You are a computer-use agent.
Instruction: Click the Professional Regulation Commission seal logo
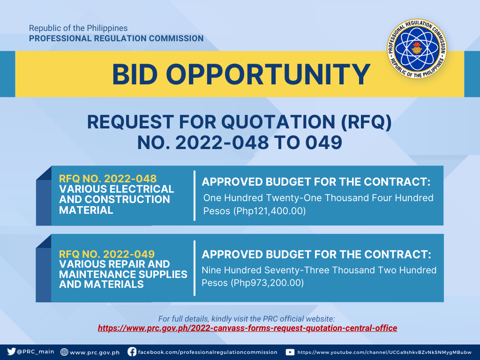pyautogui.click(x=417, y=48)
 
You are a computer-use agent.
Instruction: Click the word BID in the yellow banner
pyautogui.click(x=135, y=75)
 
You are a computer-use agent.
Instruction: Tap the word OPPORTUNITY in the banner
pyautogui.click(x=268, y=75)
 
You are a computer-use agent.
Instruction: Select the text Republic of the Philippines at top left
pyautogui.click(x=78, y=28)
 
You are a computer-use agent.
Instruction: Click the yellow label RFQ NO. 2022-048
pyautogui.click(x=108, y=179)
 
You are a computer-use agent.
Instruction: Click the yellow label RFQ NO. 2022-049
pyautogui.click(x=107, y=254)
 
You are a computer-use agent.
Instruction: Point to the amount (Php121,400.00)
pyautogui.click(x=269, y=211)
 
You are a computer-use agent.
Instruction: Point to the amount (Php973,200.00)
pyautogui.click(x=267, y=283)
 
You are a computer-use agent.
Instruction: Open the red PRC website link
pyautogui.click(x=247, y=328)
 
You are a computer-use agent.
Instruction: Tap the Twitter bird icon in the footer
pyautogui.click(x=11, y=352)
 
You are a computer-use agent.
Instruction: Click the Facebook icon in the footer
pyautogui.click(x=132, y=352)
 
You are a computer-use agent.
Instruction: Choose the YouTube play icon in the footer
pyautogui.click(x=290, y=352)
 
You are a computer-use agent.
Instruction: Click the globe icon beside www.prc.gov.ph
pyautogui.click(x=64, y=352)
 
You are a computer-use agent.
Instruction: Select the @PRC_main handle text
pyautogui.click(x=36, y=352)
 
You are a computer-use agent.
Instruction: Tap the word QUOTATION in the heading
pyautogui.click(x=278, y=122)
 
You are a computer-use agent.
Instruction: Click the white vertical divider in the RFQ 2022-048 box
pyautogui.click(x=195, y=195)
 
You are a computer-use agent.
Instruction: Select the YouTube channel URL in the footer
pyautogui.click(x=384, y=352)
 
